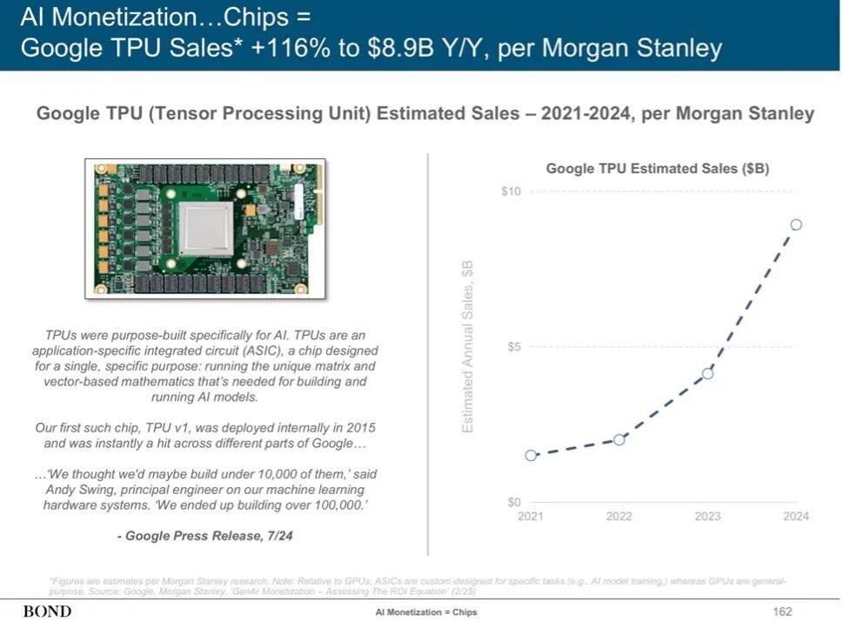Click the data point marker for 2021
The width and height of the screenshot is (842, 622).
tap(531, 455)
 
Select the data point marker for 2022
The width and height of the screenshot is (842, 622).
tap(619, 439)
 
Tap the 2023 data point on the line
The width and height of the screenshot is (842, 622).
tap(708, 373)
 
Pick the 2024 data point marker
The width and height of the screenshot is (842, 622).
tap(796, 224)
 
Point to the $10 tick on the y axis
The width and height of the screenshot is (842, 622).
tap(511, 191)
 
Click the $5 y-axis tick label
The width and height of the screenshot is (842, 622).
tap(513, 347)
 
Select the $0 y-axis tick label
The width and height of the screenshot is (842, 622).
tap(513, 502)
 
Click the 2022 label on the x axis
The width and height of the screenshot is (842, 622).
tap(619, 517)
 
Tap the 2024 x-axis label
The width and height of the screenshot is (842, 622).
tap(796, 517)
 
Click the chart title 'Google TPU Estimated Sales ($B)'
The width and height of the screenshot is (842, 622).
tap(657, 169)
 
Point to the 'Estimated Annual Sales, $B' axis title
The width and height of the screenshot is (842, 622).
tap(468, 347)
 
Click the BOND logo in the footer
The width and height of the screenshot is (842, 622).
tap(47, 612)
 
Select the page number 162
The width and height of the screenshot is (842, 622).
tap(782, 612)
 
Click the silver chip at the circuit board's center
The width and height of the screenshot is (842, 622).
tap(206, 225)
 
